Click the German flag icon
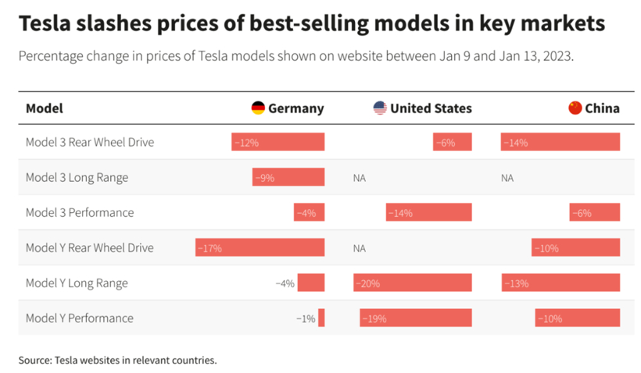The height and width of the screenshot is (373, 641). (x=258, y=108)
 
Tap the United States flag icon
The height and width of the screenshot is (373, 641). (x=380, y=108)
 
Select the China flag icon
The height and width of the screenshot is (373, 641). (x=575, y=108)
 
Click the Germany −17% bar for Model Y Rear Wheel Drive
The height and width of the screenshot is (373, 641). (x=260, y=247)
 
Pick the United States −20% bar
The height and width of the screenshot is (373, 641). (x=413, y=282)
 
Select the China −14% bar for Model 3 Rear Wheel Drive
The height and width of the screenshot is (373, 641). (x=560, y=142)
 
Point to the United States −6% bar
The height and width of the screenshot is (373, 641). (x=453, y=142)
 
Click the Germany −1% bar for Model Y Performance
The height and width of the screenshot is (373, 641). (x=321, y=318)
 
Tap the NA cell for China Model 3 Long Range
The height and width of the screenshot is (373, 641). (x=507, y=177)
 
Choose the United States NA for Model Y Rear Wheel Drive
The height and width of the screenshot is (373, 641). (x=360, y=247)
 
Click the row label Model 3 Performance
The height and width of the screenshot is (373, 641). (x=79, y=212)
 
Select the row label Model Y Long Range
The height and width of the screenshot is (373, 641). (x=77, y=282)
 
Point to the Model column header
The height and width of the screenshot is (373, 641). (x=45, y=108)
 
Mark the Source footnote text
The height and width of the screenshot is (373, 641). (x=117, y=360)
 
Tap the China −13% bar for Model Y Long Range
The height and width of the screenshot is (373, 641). (x=560, y=282)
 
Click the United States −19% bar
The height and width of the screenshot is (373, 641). (x=416, y=318)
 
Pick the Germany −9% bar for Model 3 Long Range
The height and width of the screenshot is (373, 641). (x=288, y=177)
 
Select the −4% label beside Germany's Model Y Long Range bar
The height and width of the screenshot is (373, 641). (x=285, y=283)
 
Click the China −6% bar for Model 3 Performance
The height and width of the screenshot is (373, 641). (x=595, y=212)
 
